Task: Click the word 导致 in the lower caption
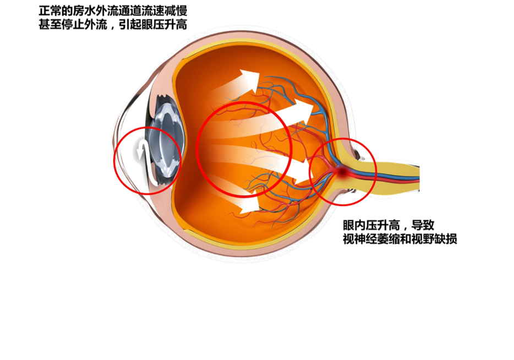424,226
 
